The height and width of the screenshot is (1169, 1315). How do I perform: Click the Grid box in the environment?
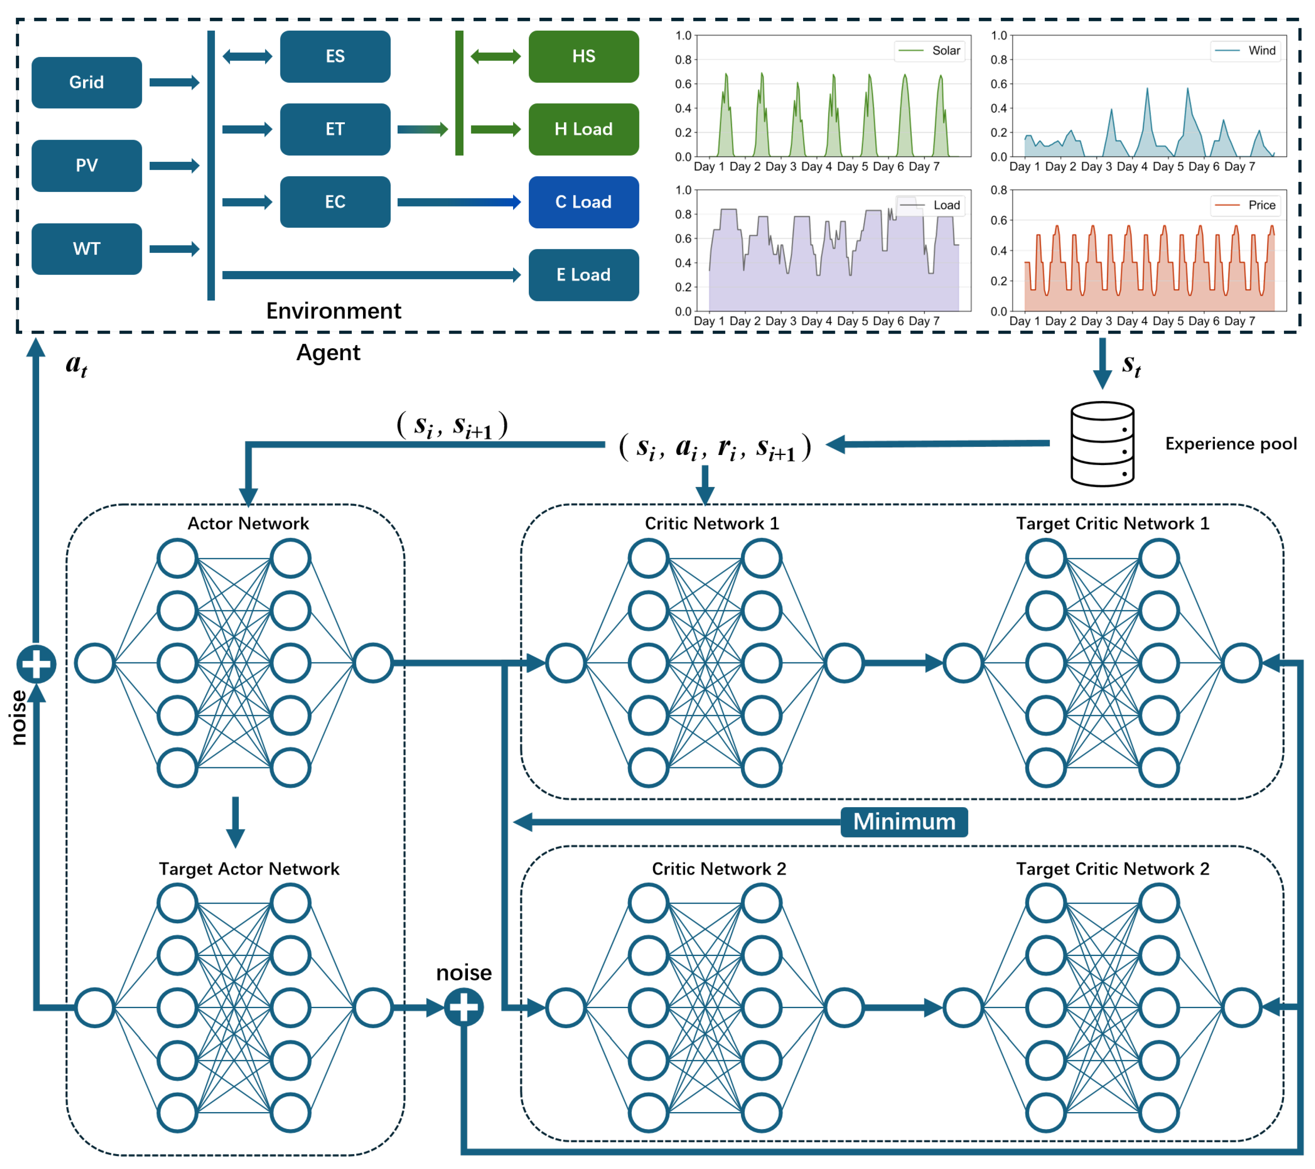[x=86, y=82]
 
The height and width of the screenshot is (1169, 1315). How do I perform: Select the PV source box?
[x=86, y=165]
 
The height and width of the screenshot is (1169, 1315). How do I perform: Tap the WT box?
[x=86, y=249]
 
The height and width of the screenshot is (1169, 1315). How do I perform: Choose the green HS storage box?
[x=584, y=56]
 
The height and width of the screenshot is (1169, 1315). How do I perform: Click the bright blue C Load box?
[x=584, y=202]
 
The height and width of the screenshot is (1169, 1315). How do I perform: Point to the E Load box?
[x=584, y=275]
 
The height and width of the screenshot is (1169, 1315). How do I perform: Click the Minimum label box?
[x=904, y=822]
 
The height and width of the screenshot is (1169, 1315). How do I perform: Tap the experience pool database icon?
[x=1102, y=444]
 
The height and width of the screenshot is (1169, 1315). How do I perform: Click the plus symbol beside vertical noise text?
[x=36, y=664]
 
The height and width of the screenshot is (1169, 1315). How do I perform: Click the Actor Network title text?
[x=248, y=524]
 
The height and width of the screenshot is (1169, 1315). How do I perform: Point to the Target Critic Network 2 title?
[x=1113, y=869]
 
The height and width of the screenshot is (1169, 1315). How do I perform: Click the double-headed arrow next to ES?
[x=248, y=56]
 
